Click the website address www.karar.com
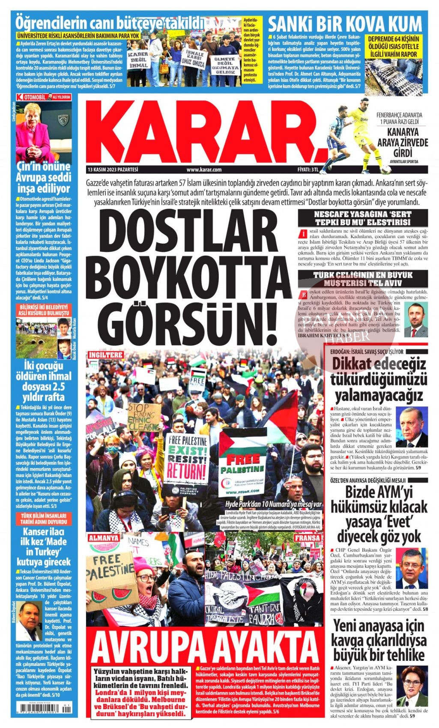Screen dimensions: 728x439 (204, 170)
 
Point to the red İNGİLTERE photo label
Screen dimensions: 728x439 (105, 355)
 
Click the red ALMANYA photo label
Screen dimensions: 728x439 (104, 537)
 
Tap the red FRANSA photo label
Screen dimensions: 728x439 (307, 537)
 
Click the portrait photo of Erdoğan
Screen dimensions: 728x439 (411, 427)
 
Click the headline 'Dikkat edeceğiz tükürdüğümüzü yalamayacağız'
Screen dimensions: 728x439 (379, 379)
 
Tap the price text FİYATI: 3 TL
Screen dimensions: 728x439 (308, 170)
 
